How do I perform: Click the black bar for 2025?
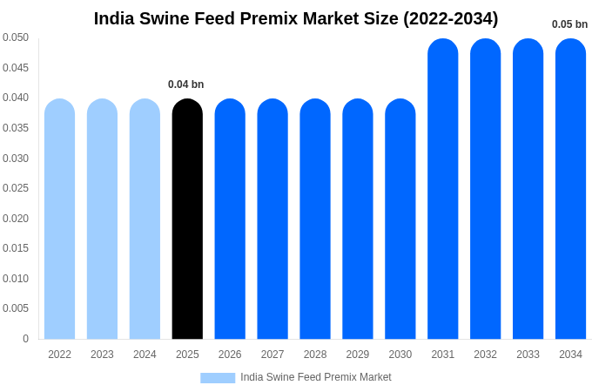pyautogui.click(x=187, y=219)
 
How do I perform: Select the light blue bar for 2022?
pyautogui.click(x=59, y=219)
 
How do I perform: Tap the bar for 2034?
pyautogui.click(x=570, y=189)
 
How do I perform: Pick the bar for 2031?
pyautogui.click(x=442, y=189)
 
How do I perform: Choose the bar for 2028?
pyautogui.click(x=315, y=219)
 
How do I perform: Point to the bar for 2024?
pyautogui.click(x=145, y=219)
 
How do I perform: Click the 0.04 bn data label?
pyautogui.click(x=185, y=84)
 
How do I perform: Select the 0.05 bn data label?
pyautogui.click(x=569, y=24)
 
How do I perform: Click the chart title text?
pyautogui.click(x=296, y=18)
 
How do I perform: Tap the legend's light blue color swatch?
pyautogui.click(x=218, y=378)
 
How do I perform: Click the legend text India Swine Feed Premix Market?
pyautogui.click(x=316, y=377)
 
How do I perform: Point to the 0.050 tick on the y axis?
pyautogui.click(x=16, y=37)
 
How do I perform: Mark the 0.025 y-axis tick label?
pyautogui.click(x=16, y=188)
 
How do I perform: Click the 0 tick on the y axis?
pyautogui.click(x=25, y=339)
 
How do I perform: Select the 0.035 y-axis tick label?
pyautogui.click(x=16, y=128)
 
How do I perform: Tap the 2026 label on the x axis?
pyautogui.click(x=230, y=355)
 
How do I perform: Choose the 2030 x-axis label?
pyautogui.click(x=400, y=355)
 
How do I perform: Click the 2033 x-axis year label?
pyautogui.click(x=528, y=355)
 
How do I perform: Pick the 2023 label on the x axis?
pyautogui.click(x=102, y=355)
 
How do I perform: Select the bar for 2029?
pyautogui.click(x=358, y=219)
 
